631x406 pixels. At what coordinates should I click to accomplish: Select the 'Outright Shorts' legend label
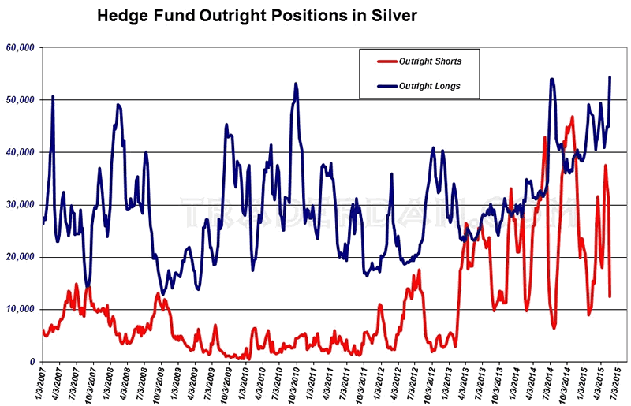(x=430, y=61)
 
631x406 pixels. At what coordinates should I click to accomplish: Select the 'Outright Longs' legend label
(x=430, y=85)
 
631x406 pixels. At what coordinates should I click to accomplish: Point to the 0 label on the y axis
(x=32, y=362)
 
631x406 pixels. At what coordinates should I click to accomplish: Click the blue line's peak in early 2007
(x=53, y=96)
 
